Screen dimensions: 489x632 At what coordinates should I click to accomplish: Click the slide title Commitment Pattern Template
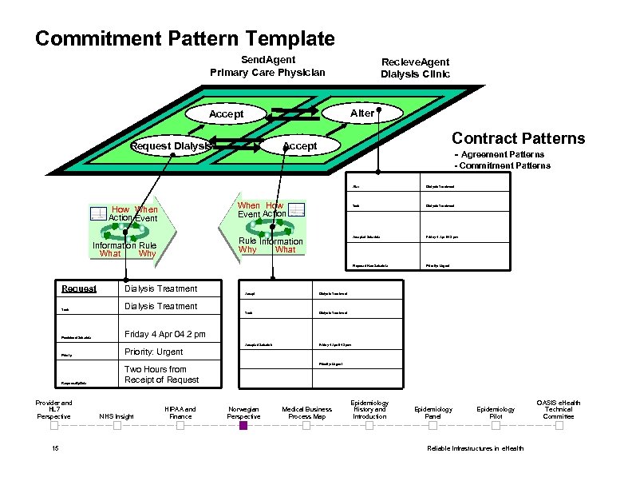coord(185,38)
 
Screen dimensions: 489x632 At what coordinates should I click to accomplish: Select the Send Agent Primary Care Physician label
coord(267,66)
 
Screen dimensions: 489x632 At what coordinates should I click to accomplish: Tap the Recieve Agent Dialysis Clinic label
coord(415,68)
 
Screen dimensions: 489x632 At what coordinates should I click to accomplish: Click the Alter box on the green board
coord(361,113)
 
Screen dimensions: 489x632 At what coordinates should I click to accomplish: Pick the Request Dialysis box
coord(172,146)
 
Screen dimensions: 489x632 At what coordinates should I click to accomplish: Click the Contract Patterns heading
coord(518,138)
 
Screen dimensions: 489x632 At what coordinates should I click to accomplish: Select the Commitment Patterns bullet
coord(502,165)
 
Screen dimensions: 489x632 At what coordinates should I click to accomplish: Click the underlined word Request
coord(79,288)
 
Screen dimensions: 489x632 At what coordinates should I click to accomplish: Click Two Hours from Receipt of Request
coord(162,374)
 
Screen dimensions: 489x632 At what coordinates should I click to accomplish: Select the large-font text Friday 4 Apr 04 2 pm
coord(165,333)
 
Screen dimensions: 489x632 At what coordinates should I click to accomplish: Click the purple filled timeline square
coord(243,426)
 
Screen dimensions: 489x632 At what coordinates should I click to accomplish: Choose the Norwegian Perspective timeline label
coord(243,412)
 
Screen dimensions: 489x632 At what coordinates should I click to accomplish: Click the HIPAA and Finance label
coord(180,412)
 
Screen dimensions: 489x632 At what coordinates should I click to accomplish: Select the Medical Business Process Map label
coord(307,412)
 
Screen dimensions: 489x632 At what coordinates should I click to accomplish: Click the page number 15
coord(54,448)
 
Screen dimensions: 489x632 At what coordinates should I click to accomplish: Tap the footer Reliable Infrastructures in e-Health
coord(476,448)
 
